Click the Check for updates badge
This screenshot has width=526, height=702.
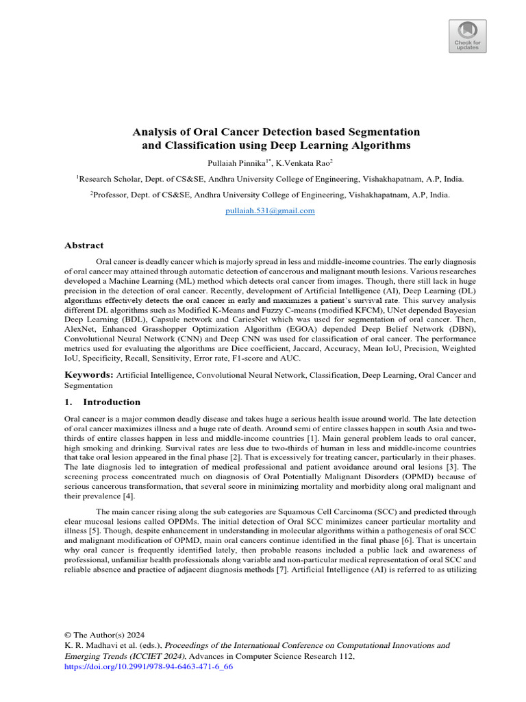[x=468, y=36]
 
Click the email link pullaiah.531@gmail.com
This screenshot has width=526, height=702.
[x=270, y=211]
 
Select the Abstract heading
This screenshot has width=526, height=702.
[x=84, y=245]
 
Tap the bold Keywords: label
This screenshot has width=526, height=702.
[x=88, y=375]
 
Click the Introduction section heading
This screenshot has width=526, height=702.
[x=112, y=402]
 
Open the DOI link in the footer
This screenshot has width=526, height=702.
[x=149, y=666]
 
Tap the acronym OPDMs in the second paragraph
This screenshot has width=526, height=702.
[x=194, y=521]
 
